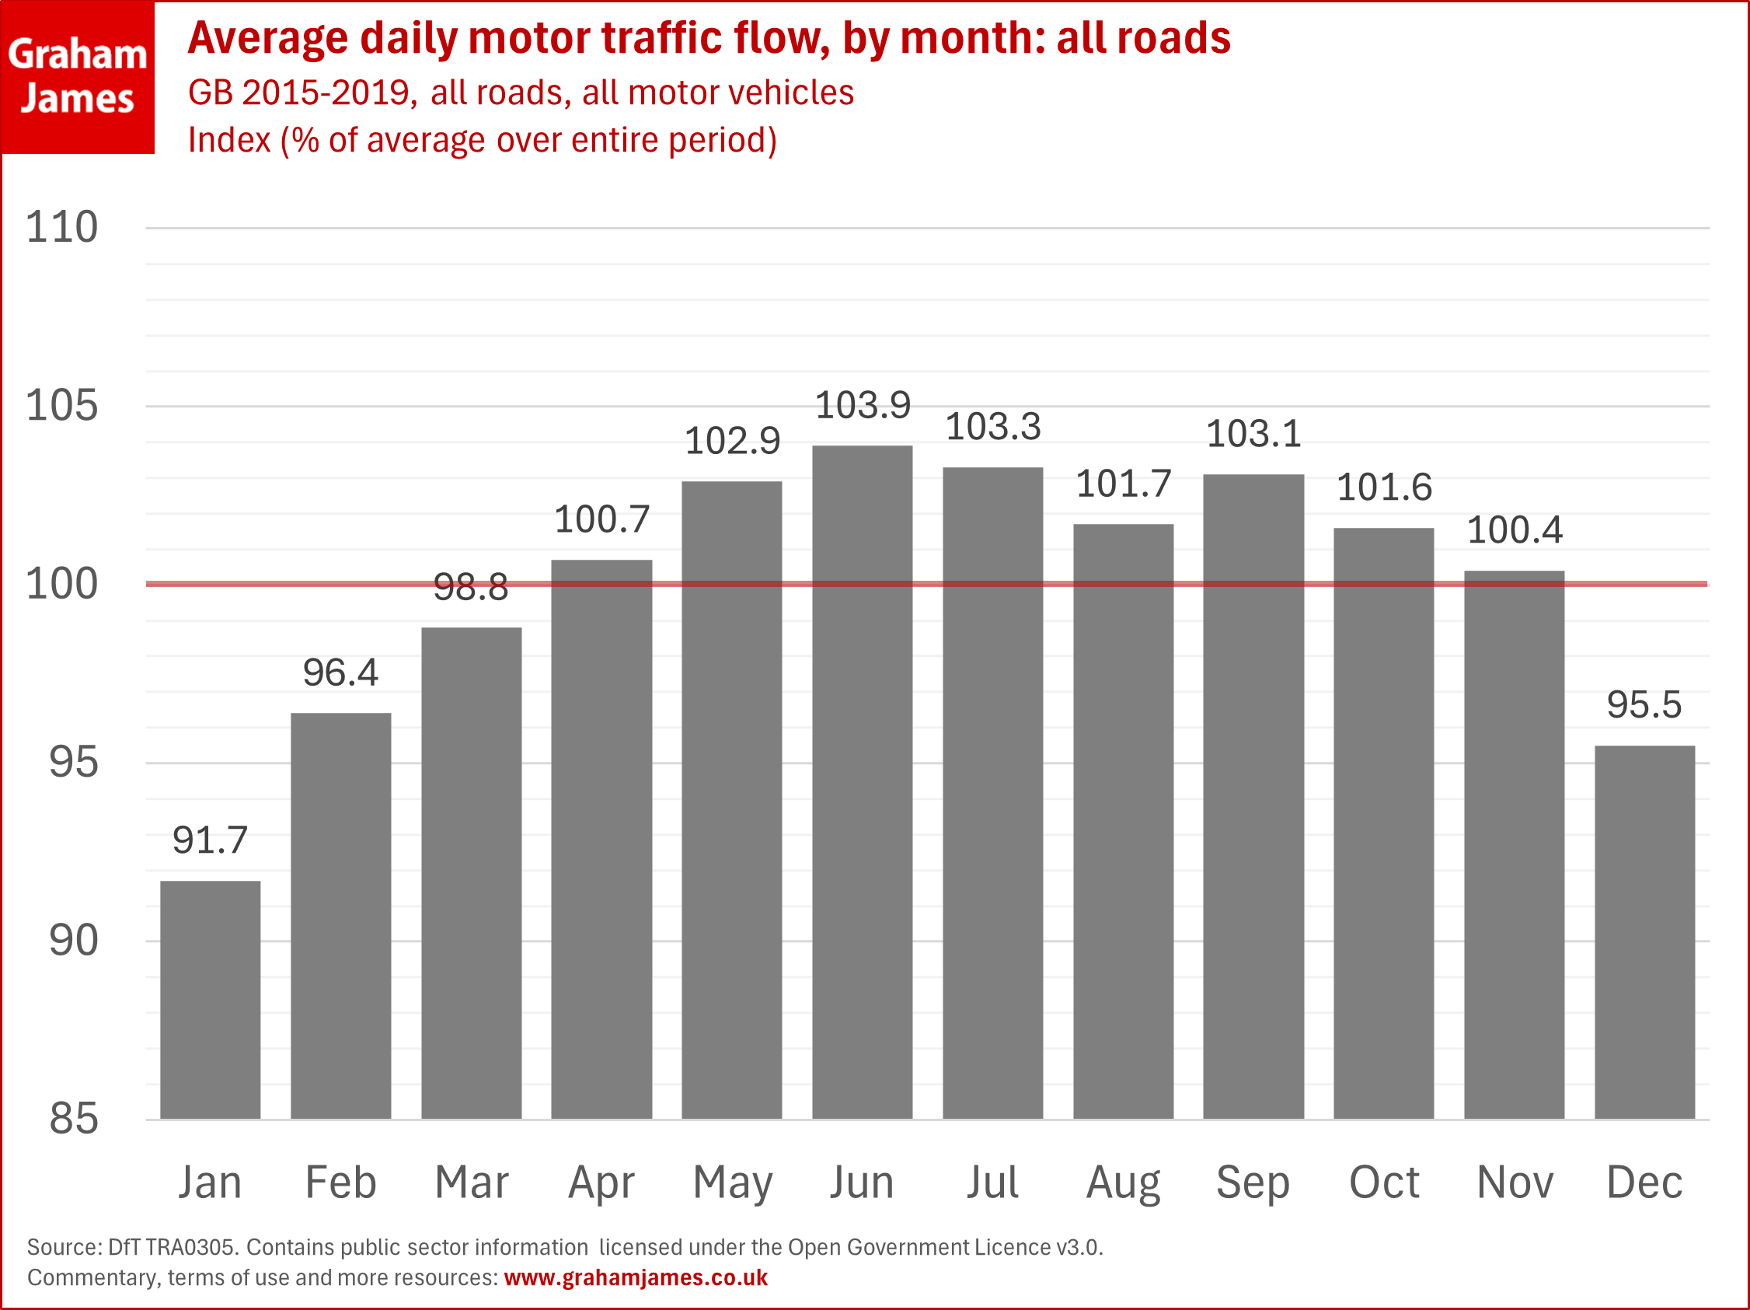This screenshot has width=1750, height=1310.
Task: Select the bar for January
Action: pyautogui.click(x=210, y=999)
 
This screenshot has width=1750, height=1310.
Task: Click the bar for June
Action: pyautogui.click(x=863, y=782)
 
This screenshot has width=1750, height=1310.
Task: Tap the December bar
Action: pyautogui.click(x=1644, y=931)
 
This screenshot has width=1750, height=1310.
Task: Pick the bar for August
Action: pyautogui.click(x=1123, y=821)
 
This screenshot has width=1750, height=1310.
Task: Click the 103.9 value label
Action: pyautogui.click(x=863, y=405)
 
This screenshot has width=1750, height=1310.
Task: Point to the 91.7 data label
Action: pyautogui.click(x=210, y=840)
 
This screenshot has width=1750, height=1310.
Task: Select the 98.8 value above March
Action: pyautogui.click(x=471, y=587)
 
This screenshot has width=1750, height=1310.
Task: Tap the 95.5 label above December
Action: pyautogui.click(x=1644, y=704)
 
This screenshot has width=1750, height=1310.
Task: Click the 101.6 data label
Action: pyautogui.click(x=1384, y=487)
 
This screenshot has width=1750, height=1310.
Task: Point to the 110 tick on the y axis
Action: pyautogui.click(x=61, y=227)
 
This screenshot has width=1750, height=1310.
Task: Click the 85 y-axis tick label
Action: pyautogui.click(x=74, y=1119)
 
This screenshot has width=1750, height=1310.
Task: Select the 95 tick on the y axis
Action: pyautogui.click(x=74, y=762)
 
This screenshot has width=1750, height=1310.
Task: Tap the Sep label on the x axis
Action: pyautogui.click(x=1253, y=1182)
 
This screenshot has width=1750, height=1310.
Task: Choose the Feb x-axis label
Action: pyautogui.click(x=340, y=1182)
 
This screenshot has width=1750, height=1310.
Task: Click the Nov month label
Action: pyautogui.click(x=1515, y=1182)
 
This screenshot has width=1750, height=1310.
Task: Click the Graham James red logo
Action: pyautogui.click(x=78, y=77)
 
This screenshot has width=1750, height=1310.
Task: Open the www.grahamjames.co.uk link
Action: pyautogui.click(x=636, y=1277)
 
